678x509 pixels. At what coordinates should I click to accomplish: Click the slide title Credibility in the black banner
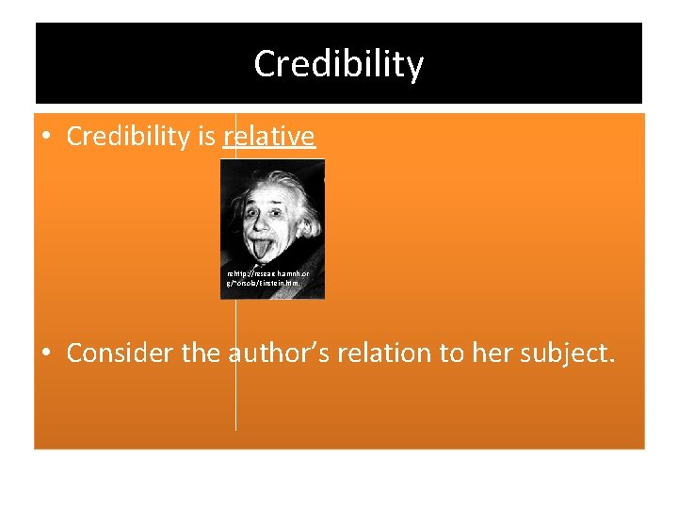(339, 64)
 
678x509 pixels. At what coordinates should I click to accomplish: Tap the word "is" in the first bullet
(206, 137)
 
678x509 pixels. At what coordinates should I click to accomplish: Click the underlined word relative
(269, 137)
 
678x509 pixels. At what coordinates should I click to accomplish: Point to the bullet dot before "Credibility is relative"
(47, 138)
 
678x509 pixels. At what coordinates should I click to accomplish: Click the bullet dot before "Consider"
(47, 353)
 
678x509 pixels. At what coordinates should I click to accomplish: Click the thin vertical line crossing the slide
(235, 396)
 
